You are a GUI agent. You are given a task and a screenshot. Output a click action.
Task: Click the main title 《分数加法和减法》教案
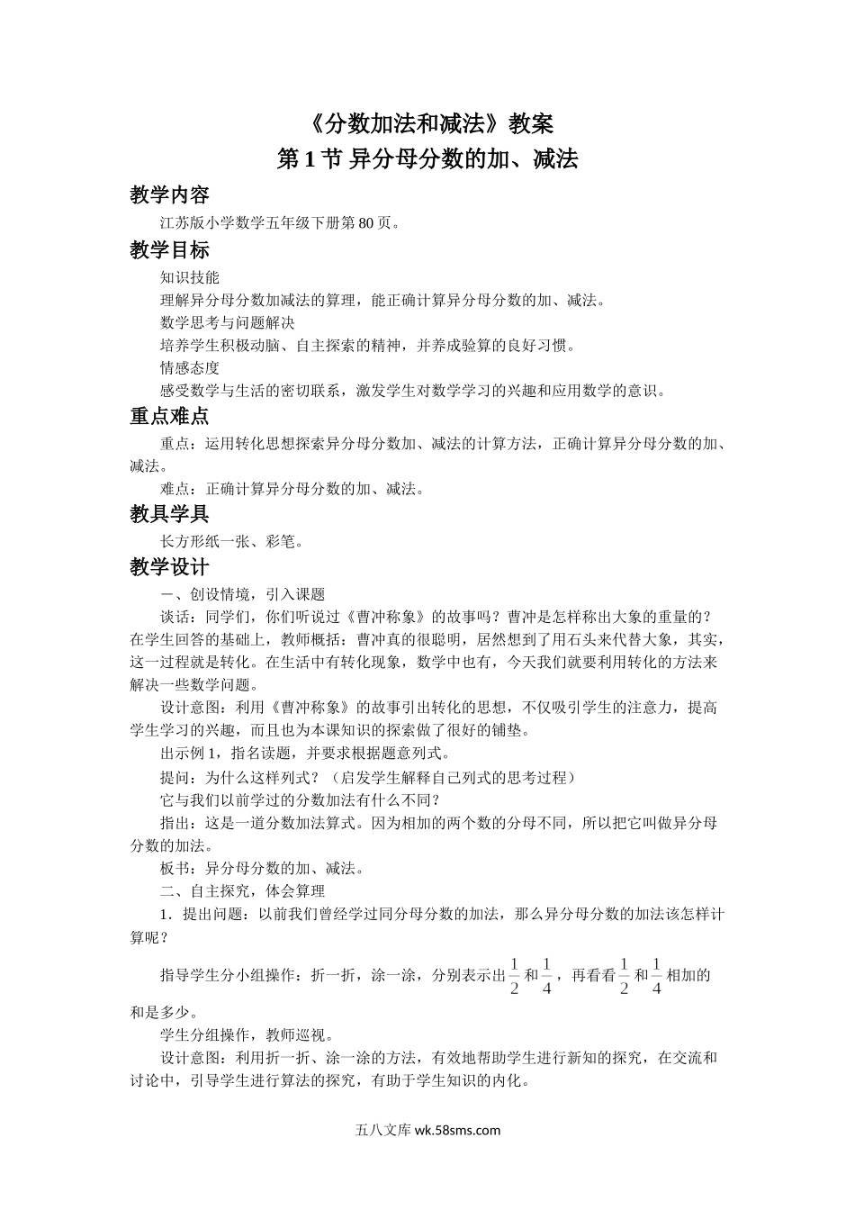point(427,122)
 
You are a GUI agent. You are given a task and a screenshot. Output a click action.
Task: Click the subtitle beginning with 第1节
point(427,159)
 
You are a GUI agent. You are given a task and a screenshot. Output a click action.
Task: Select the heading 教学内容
point(169,196)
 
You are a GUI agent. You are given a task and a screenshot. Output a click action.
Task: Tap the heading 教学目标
point(169,251)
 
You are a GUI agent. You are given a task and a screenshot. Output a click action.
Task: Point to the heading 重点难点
point(169,416)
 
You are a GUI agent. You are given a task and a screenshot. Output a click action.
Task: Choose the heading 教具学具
point(169,514)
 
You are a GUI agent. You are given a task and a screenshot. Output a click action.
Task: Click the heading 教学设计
point(169,567)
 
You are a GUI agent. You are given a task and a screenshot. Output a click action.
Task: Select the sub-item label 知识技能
point(190,278)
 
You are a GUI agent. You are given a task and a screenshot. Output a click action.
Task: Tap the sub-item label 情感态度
point(190,367)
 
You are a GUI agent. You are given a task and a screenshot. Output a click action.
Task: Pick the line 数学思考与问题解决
point(228,322)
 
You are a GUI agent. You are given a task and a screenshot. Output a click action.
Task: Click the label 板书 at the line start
point(175,869)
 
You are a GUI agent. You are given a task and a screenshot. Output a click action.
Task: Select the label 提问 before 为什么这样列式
point(175,777)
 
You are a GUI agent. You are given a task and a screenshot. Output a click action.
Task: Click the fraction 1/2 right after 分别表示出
point(515,976)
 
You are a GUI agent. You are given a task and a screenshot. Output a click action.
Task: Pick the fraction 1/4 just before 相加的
point(656,976)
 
